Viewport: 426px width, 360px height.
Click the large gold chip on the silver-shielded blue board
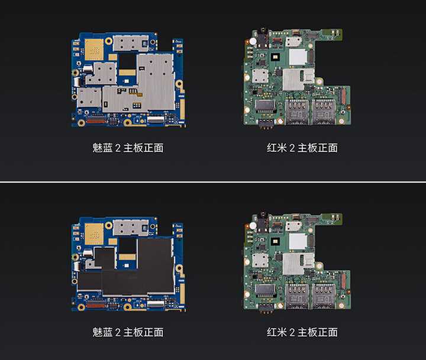click(94, 50)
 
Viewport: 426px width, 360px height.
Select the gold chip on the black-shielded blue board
click(94, 233)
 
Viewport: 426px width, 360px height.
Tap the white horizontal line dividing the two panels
click(213, 182)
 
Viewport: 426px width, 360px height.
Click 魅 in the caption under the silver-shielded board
click(97, 148)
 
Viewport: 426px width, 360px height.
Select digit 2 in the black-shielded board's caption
click(118, 332)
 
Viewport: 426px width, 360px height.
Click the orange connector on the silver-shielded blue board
click(96, 120)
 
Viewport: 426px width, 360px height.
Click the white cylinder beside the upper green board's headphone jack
click(253, 41)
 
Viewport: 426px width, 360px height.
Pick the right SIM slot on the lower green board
click(323, 296)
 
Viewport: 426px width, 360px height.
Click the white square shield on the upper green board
click(298, 57)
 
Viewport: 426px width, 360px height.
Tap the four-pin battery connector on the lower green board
click(266, 307)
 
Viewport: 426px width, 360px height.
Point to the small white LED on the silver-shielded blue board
click(127, 81)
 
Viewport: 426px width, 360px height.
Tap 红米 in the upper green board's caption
click(276, 148)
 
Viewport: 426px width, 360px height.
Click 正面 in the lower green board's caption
click(328, 332)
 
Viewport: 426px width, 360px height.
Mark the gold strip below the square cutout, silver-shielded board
click(127, 73)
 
